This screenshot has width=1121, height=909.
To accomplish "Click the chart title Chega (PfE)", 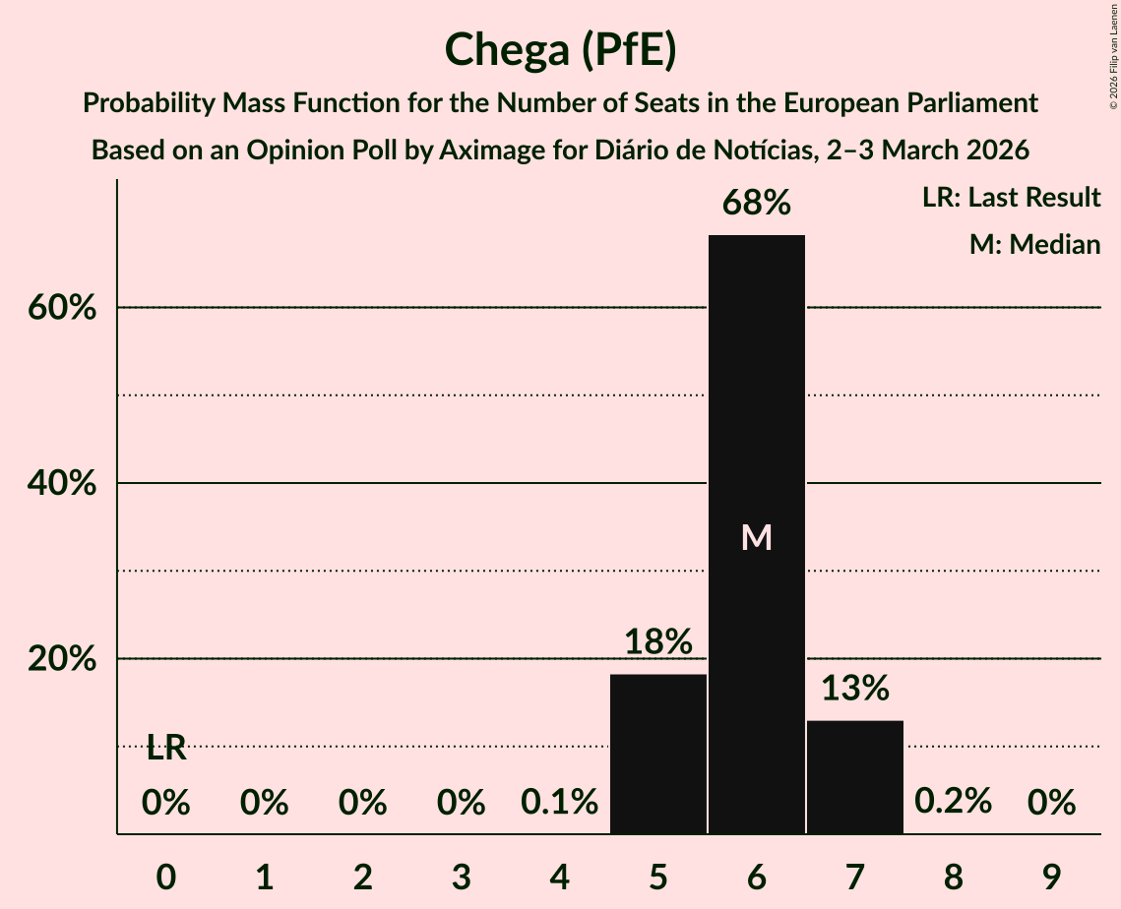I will tap(560, 51).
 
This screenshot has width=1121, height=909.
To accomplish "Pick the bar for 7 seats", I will tap(854, 776).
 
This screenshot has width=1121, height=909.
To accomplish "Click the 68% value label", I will tap(756, 203).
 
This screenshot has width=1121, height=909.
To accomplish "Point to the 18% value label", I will tap(657, 641).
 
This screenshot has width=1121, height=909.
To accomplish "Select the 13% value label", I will tap(854, 688).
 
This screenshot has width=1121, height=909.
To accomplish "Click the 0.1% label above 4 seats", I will tap(559, 803).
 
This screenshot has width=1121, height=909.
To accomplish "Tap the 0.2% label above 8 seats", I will tap(953, 803).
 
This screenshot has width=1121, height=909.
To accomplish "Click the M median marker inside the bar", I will tap(756, 537).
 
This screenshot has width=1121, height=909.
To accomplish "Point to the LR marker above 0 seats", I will tap(166, 748).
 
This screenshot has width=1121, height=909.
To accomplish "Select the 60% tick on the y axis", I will tap(61, 308).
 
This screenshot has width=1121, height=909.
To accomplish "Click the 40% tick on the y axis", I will tap(61, 484).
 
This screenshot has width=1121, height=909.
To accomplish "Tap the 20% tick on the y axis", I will tap(61, 659).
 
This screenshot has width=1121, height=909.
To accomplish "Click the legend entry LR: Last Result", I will tap(1011, 198).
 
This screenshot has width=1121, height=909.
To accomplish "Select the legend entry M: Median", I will tap(1034, 244).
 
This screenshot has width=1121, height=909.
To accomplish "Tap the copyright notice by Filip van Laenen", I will tap(1113, 54).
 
